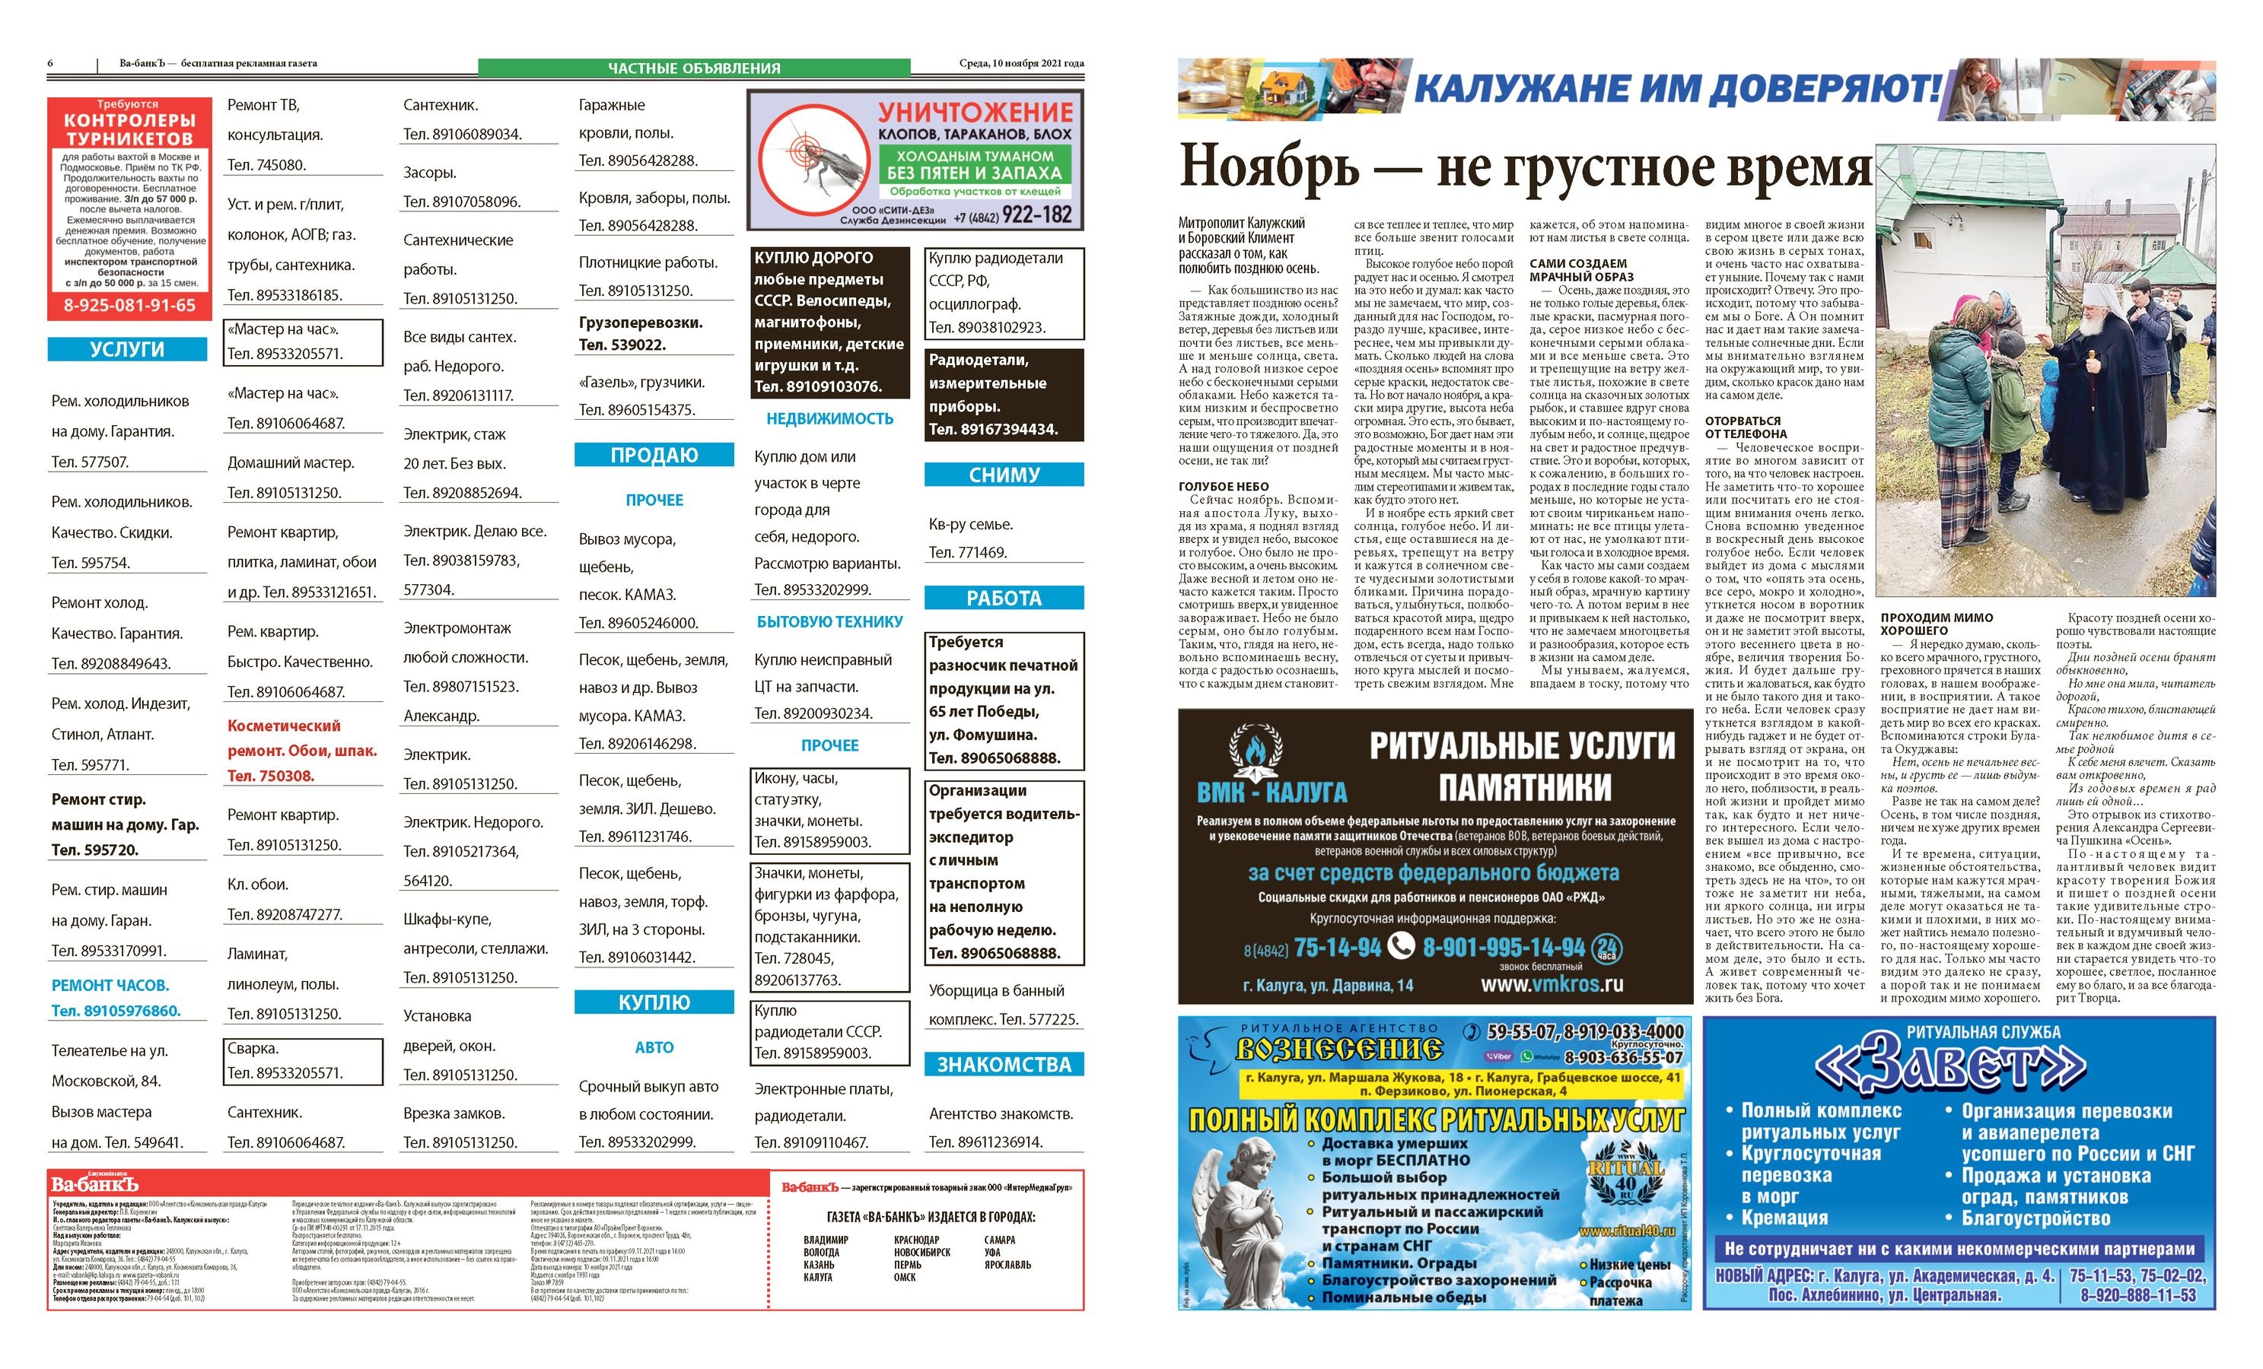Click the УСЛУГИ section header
127,349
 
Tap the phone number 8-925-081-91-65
129,306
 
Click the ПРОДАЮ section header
654,456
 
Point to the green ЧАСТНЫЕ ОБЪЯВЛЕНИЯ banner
693,68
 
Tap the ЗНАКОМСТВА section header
1003,1064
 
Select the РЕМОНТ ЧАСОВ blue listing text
110,985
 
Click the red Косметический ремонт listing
301,750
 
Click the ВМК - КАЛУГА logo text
1271,792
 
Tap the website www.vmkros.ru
1552,984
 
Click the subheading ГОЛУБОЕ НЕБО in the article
1224,487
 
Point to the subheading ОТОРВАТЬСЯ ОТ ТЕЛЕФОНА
1745,427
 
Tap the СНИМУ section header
1003,475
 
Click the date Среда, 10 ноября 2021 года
1020,63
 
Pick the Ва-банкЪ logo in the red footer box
94,1184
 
